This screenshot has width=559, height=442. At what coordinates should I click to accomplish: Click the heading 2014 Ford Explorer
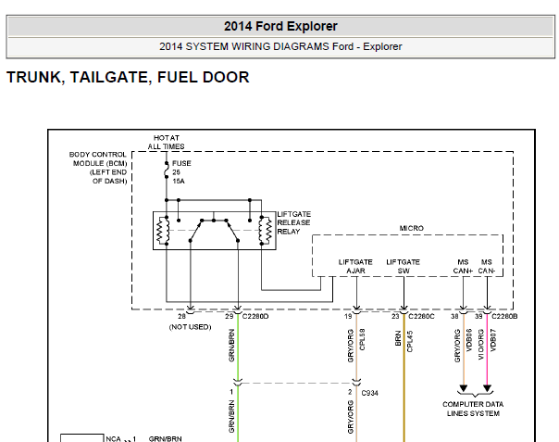280,26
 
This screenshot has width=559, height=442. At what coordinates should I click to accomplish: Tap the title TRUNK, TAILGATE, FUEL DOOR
128,77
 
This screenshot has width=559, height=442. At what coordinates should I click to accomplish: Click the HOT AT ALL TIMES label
167,142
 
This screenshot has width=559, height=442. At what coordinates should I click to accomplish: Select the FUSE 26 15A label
181,172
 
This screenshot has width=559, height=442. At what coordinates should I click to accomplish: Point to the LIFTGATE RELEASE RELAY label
293,222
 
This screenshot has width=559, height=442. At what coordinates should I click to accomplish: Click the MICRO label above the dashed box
412,228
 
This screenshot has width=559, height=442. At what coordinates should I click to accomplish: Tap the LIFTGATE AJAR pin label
355,266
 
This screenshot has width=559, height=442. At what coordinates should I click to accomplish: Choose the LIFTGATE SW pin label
404,266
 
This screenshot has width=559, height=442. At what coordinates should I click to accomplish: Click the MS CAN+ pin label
463,266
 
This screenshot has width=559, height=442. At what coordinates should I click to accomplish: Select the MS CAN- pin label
487,266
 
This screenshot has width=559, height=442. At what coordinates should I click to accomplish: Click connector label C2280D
255,316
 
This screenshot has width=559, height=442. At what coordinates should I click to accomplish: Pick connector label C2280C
421,316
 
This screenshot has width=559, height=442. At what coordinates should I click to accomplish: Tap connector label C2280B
504,316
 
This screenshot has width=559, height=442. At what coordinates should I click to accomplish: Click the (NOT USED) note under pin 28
190,327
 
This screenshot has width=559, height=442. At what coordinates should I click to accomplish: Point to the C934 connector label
369,393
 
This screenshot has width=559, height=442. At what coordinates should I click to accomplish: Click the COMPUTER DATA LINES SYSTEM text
473,409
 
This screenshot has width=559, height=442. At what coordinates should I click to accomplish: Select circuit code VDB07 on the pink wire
493,340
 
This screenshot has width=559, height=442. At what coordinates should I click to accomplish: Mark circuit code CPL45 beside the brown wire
410,341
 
